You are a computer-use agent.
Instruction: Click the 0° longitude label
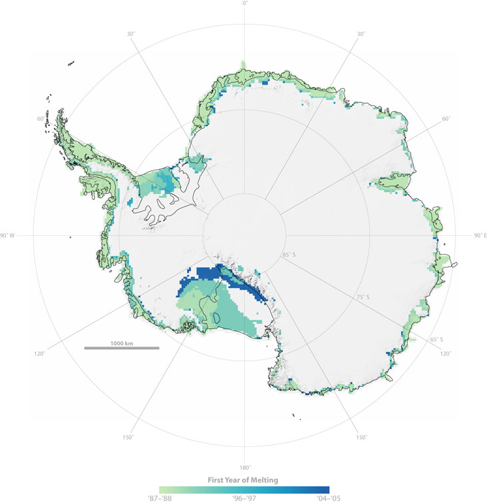pos(245,4)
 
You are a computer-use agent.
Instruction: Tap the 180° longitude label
pos(245,467)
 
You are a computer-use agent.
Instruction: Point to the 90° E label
pos(478,236)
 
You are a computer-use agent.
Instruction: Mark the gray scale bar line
pos(122,348)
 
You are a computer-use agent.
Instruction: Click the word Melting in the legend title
pos(265,480)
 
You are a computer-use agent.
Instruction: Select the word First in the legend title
pos(213,480)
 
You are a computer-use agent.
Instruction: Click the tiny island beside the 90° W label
pos(70,236)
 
